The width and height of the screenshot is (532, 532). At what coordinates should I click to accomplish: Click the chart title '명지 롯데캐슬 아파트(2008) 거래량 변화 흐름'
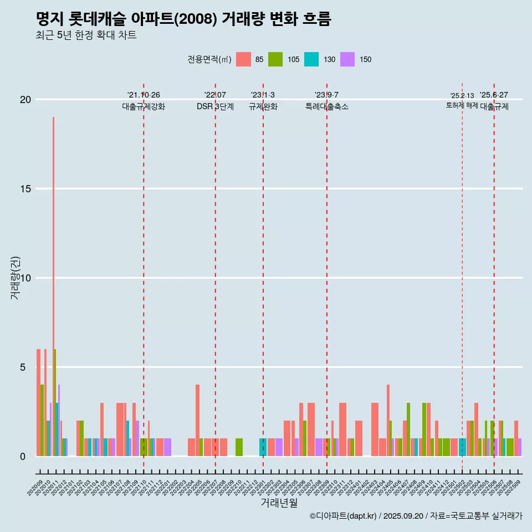(x=183, y=19)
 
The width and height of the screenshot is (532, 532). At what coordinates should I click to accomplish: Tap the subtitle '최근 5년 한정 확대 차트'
(x=86, y=35)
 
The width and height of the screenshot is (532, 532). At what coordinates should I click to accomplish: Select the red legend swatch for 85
(x=243, y=59)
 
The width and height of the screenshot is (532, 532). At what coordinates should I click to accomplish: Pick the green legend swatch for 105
(x=275, y=59)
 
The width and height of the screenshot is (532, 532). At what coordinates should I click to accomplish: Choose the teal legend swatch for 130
(x=311, y=59)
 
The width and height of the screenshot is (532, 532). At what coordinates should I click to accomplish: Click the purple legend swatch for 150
(x=347, y=59)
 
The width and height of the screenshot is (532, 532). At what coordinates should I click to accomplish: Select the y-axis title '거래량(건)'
(x=16, y=278)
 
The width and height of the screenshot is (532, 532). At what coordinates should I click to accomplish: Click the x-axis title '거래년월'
(x=279, y=503)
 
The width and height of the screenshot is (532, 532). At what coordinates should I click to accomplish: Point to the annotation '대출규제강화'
(x=144, y=107)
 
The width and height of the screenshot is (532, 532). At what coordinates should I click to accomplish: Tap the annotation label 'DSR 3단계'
(x=215, y=107)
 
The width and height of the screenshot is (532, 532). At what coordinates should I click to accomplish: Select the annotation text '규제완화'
(x=263, y=107)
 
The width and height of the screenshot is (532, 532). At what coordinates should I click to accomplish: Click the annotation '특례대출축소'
(x=327, y=107)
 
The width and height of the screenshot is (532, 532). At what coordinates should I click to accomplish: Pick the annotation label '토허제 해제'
(x=462, y=105)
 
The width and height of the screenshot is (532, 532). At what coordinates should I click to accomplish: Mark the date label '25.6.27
(x=494, y=95)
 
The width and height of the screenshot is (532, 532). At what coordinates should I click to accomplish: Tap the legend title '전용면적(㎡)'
(x=209, y=59)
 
